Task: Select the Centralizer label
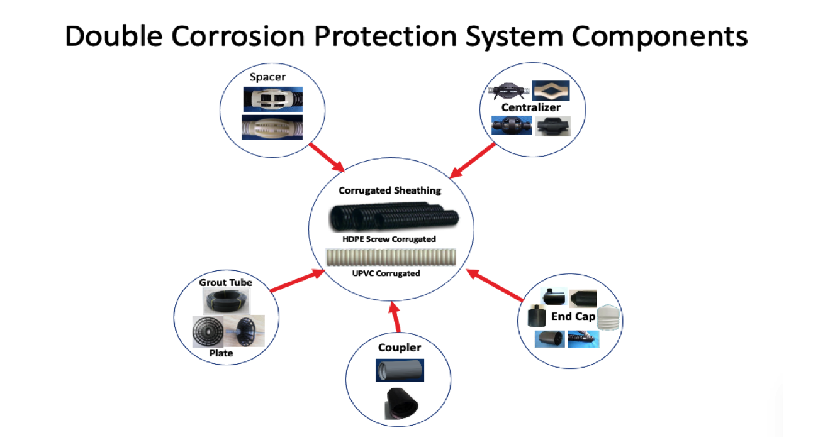coord(530,107)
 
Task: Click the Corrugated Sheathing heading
coord(389,190)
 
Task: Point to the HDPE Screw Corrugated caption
coord(389,239)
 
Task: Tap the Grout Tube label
coord(225,283)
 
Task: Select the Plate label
coord(221,353)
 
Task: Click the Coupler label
coord(399,348)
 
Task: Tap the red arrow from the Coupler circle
coord(395,317)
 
